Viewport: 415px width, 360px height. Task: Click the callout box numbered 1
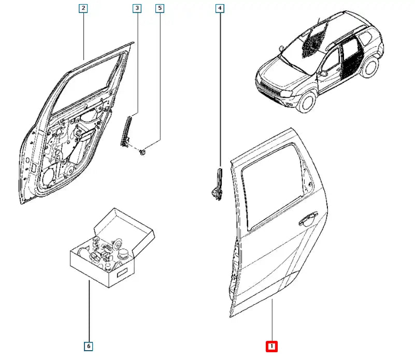coord(272,345)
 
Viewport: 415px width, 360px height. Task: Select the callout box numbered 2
coord(83,8)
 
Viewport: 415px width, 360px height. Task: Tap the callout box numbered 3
coord(137,8)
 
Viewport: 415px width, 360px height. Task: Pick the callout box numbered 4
coord(220,8)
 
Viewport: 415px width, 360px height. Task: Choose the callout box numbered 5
coord(160,8)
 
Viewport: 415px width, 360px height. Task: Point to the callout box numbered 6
coord(89,345)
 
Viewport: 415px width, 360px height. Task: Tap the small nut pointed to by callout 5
coord(143,152)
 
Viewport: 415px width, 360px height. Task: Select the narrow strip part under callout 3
coord(126,132)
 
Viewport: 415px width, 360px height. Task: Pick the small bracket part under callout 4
coord(217,184)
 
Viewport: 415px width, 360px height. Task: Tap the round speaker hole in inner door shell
coord(48,176)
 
